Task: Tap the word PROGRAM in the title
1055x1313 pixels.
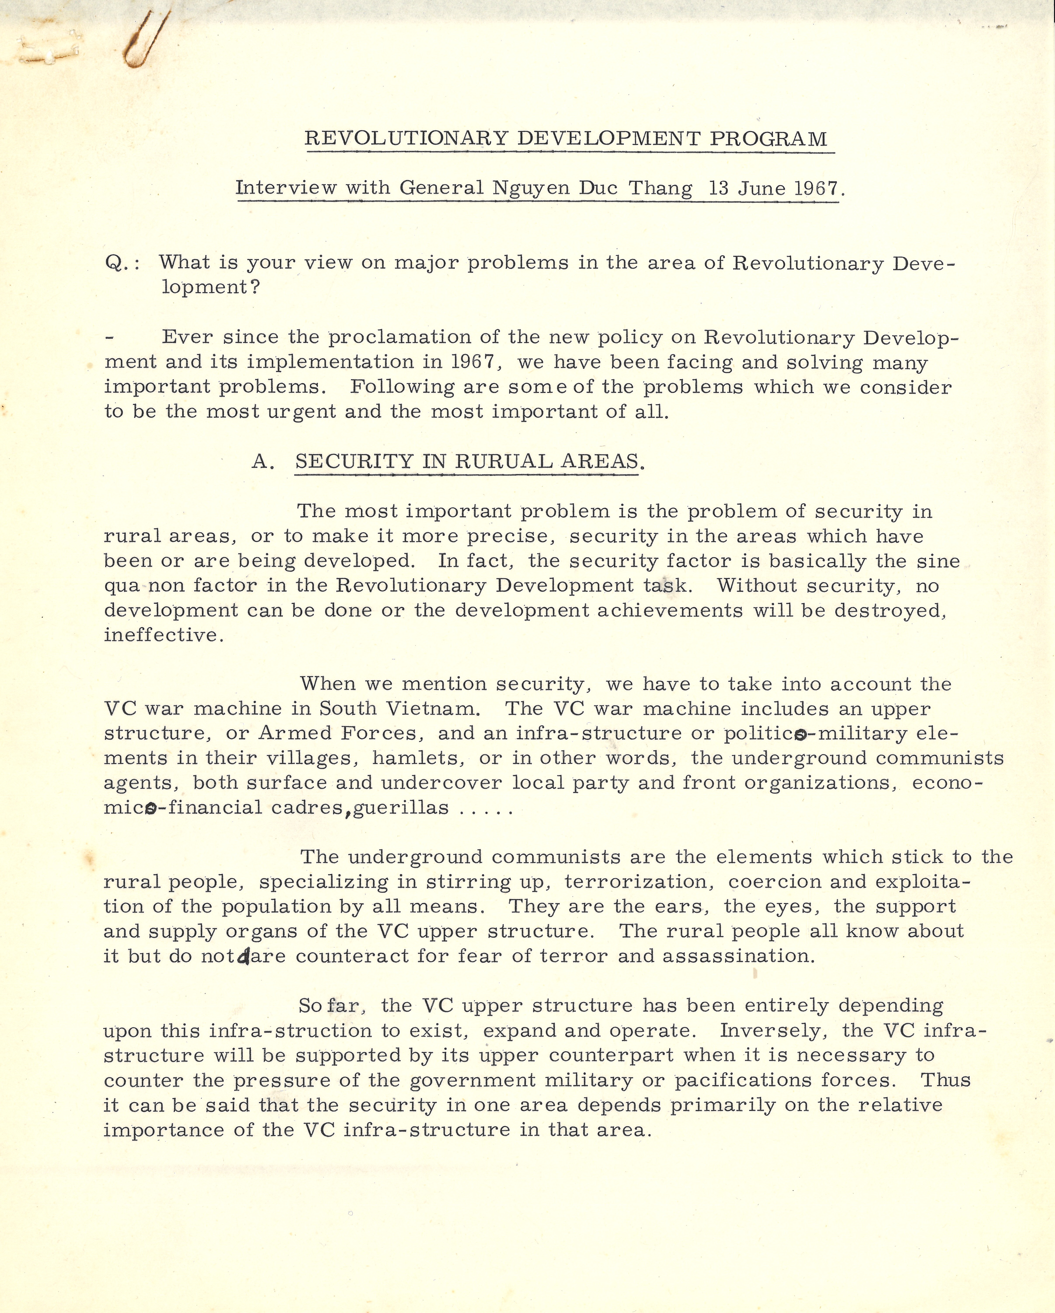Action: point(769,139)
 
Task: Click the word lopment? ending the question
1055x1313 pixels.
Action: point(211,288)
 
